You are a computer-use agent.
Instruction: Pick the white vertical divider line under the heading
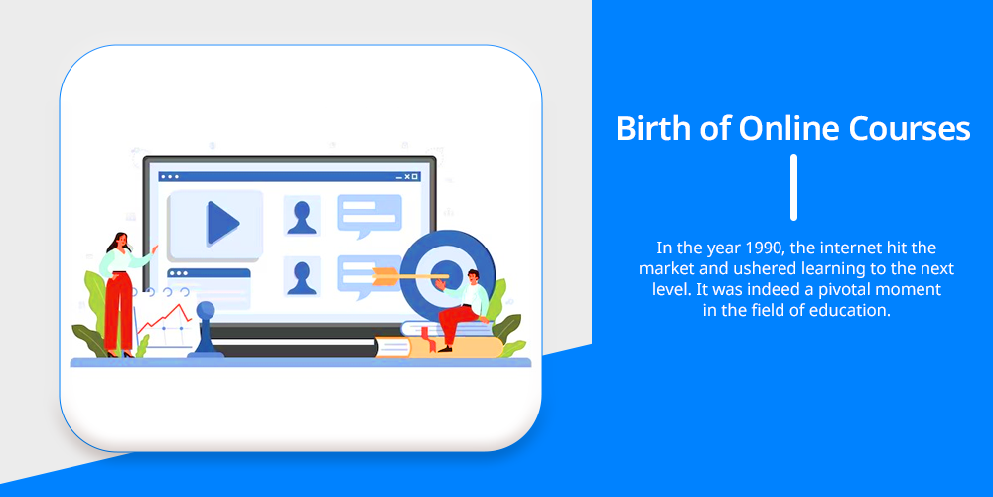793,187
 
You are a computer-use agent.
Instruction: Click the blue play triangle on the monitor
222,223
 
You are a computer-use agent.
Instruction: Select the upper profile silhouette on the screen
302,217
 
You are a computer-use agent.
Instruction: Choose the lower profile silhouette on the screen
302,277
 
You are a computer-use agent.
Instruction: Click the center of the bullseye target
448,275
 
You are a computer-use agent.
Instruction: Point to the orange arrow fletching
385,276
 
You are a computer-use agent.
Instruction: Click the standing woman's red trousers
118,311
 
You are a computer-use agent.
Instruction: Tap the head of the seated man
473,276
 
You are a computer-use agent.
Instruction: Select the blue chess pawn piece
206,330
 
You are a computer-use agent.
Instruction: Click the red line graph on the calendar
164,318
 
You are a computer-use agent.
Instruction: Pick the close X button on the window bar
415,176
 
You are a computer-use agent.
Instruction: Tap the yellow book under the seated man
440,347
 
